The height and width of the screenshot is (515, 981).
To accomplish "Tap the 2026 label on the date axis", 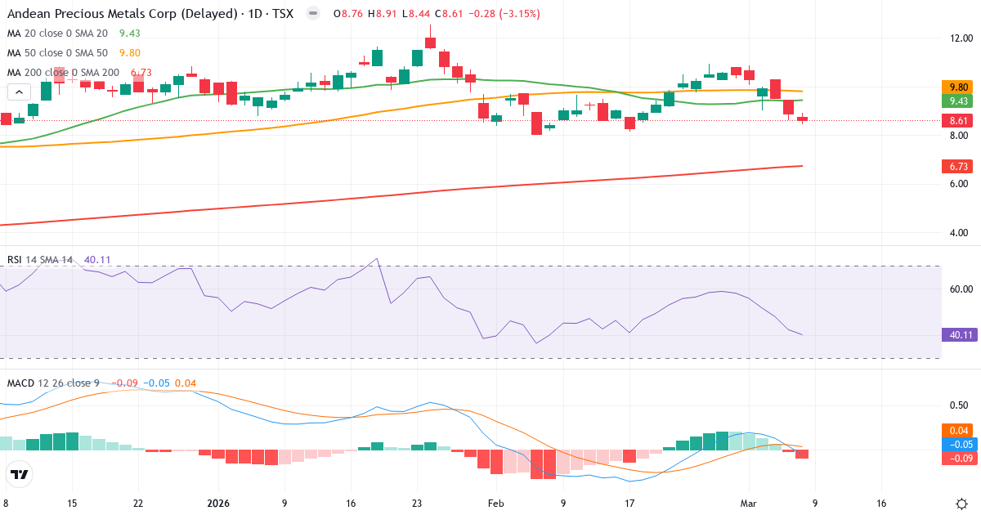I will (219, 504).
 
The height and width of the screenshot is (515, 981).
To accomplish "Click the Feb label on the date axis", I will (497, 504).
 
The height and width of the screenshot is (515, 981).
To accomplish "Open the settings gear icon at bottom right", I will (961, 504).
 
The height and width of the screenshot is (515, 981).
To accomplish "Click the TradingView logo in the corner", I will (20, 474).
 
